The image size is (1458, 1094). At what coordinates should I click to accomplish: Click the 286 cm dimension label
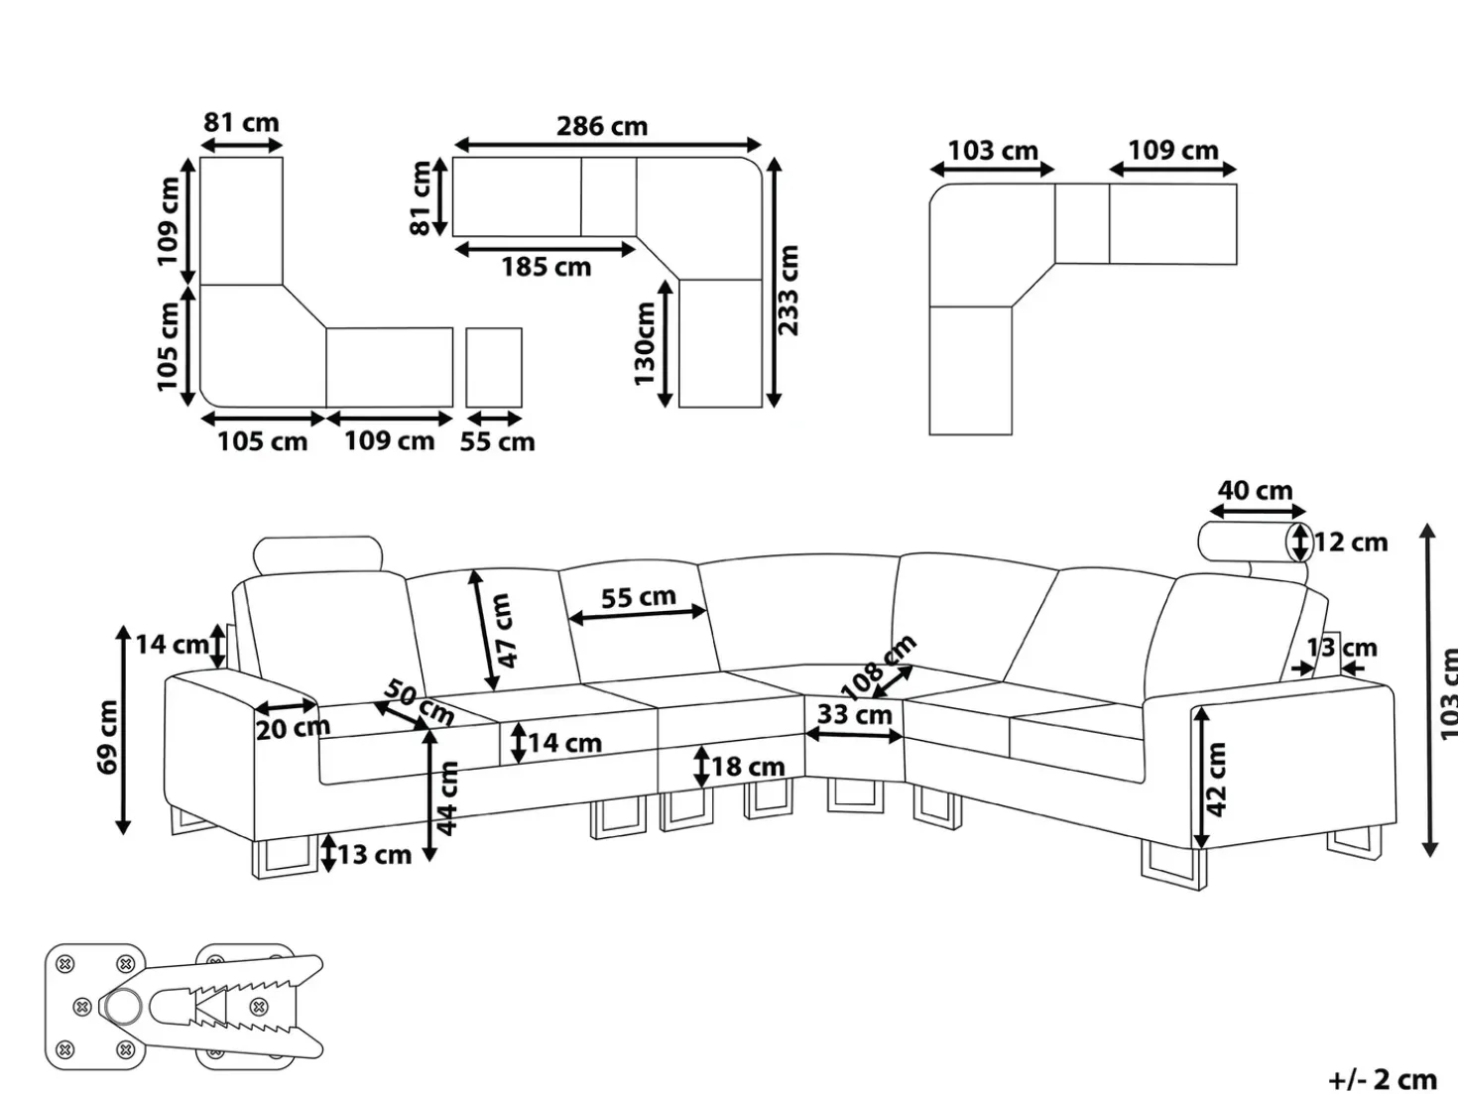[602, 126]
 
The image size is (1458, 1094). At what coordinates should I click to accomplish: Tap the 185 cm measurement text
[546, 267]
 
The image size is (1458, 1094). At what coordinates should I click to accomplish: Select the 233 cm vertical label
[788, 291]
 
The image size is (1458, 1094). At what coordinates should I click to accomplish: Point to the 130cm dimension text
[645, 343]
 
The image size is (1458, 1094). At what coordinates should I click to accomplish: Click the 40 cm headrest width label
[1255, 490]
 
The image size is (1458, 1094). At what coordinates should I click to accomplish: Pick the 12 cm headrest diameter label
[1351, 543]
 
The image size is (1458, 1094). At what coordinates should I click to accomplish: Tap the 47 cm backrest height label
[505, 631]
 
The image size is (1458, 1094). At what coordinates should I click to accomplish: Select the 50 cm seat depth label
[420, 701]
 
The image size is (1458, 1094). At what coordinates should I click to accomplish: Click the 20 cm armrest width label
[293, 729]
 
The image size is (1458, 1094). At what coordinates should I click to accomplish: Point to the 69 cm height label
[107, 737]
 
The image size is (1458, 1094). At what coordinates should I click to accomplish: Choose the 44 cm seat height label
[446, 798]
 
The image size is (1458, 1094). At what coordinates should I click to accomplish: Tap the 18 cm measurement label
[748, 767]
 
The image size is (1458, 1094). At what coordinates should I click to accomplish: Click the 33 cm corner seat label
[854, 715]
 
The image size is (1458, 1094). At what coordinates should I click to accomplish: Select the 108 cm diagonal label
[879, 667]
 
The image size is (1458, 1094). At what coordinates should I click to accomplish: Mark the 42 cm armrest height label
[1215, 780]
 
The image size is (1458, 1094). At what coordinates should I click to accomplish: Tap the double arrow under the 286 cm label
[607, 145]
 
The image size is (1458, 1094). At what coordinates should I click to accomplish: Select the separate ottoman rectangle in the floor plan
[494, 367]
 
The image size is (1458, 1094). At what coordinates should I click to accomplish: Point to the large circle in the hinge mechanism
[123, 1007]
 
